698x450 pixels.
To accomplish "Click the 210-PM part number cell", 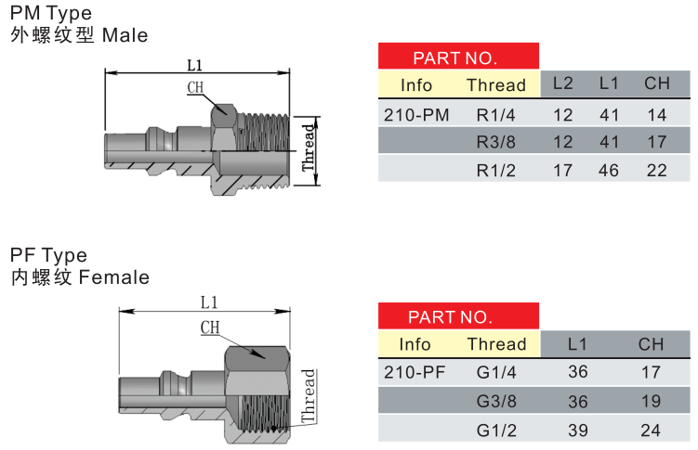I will (x=415, y=116).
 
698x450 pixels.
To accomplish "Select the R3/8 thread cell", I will (x=495, y=143).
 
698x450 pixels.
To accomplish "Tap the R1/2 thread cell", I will (x=495, y=170).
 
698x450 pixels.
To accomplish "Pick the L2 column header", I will (x=563, y=84).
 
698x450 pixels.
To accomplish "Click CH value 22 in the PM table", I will (x=657, y=170).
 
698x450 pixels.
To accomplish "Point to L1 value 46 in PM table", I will (x=609, y=170).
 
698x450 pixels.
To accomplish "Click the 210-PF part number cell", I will (x=415, y=373).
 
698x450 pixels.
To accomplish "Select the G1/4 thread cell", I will (x=495, y=373).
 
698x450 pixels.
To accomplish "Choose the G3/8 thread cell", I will (x=495, y=401).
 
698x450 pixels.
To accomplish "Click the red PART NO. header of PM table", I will (x=458, y=58).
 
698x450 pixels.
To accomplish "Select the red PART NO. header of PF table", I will (x=458, y=317).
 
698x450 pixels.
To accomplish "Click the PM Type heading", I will (x=51, y=14).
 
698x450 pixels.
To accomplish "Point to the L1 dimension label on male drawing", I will (x=195, y=65).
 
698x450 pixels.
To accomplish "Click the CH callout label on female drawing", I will (x=210, y=327).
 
